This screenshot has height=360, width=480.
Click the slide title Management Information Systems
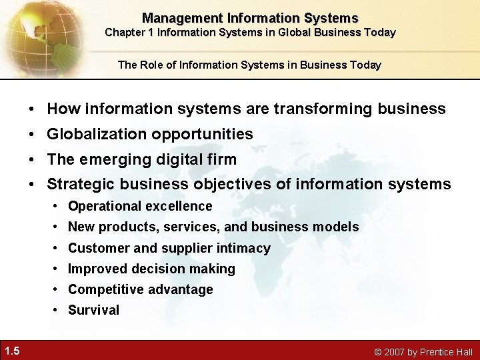pyautogui.click(x=250, y=18)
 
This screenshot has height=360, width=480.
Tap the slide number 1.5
pyautogui.click(x=11, y=351)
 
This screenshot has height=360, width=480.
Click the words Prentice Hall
pyautogui.click(x=449, y=351)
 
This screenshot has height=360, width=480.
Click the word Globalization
pyautogui.click(x=98, y=134)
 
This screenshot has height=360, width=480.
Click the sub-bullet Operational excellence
pyautogui.click(x=140, y=207)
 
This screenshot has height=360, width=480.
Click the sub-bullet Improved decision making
pyautogui.click(x=151, y=269)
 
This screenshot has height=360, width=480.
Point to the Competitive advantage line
pyautogui.click(x=140, y=290)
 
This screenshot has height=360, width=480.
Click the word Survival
pyautogui.click(x=93, y=311)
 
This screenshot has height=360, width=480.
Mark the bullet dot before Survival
pyautogui.click(x=57, y=311)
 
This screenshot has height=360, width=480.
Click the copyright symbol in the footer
pyautogui.click(x=377, y=352)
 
